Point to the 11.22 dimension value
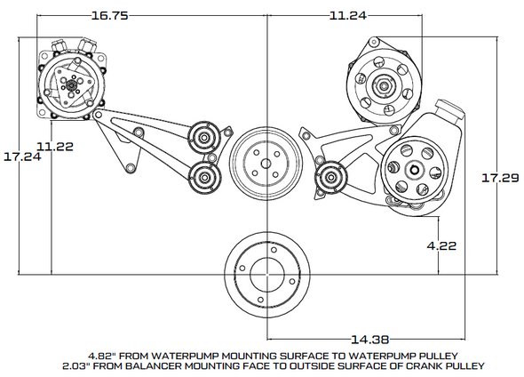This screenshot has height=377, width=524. pyautogui.click(x=54, y=143)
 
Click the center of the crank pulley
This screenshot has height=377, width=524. pyautogui.click(x=267, y=271)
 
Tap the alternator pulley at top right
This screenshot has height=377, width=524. pyautogui.click(x=385, y=86)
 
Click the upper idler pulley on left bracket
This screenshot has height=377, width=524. pyautogui.click(x=203, y=138)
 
